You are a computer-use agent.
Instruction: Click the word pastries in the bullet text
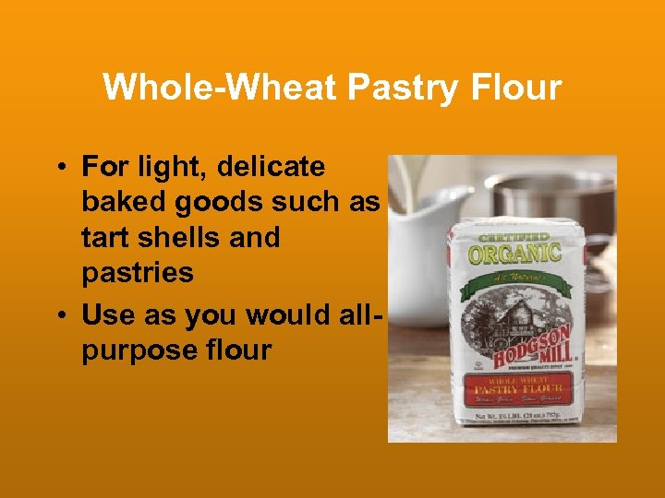click(138, 272)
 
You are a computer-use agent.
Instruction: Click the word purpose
click(139, 350)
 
